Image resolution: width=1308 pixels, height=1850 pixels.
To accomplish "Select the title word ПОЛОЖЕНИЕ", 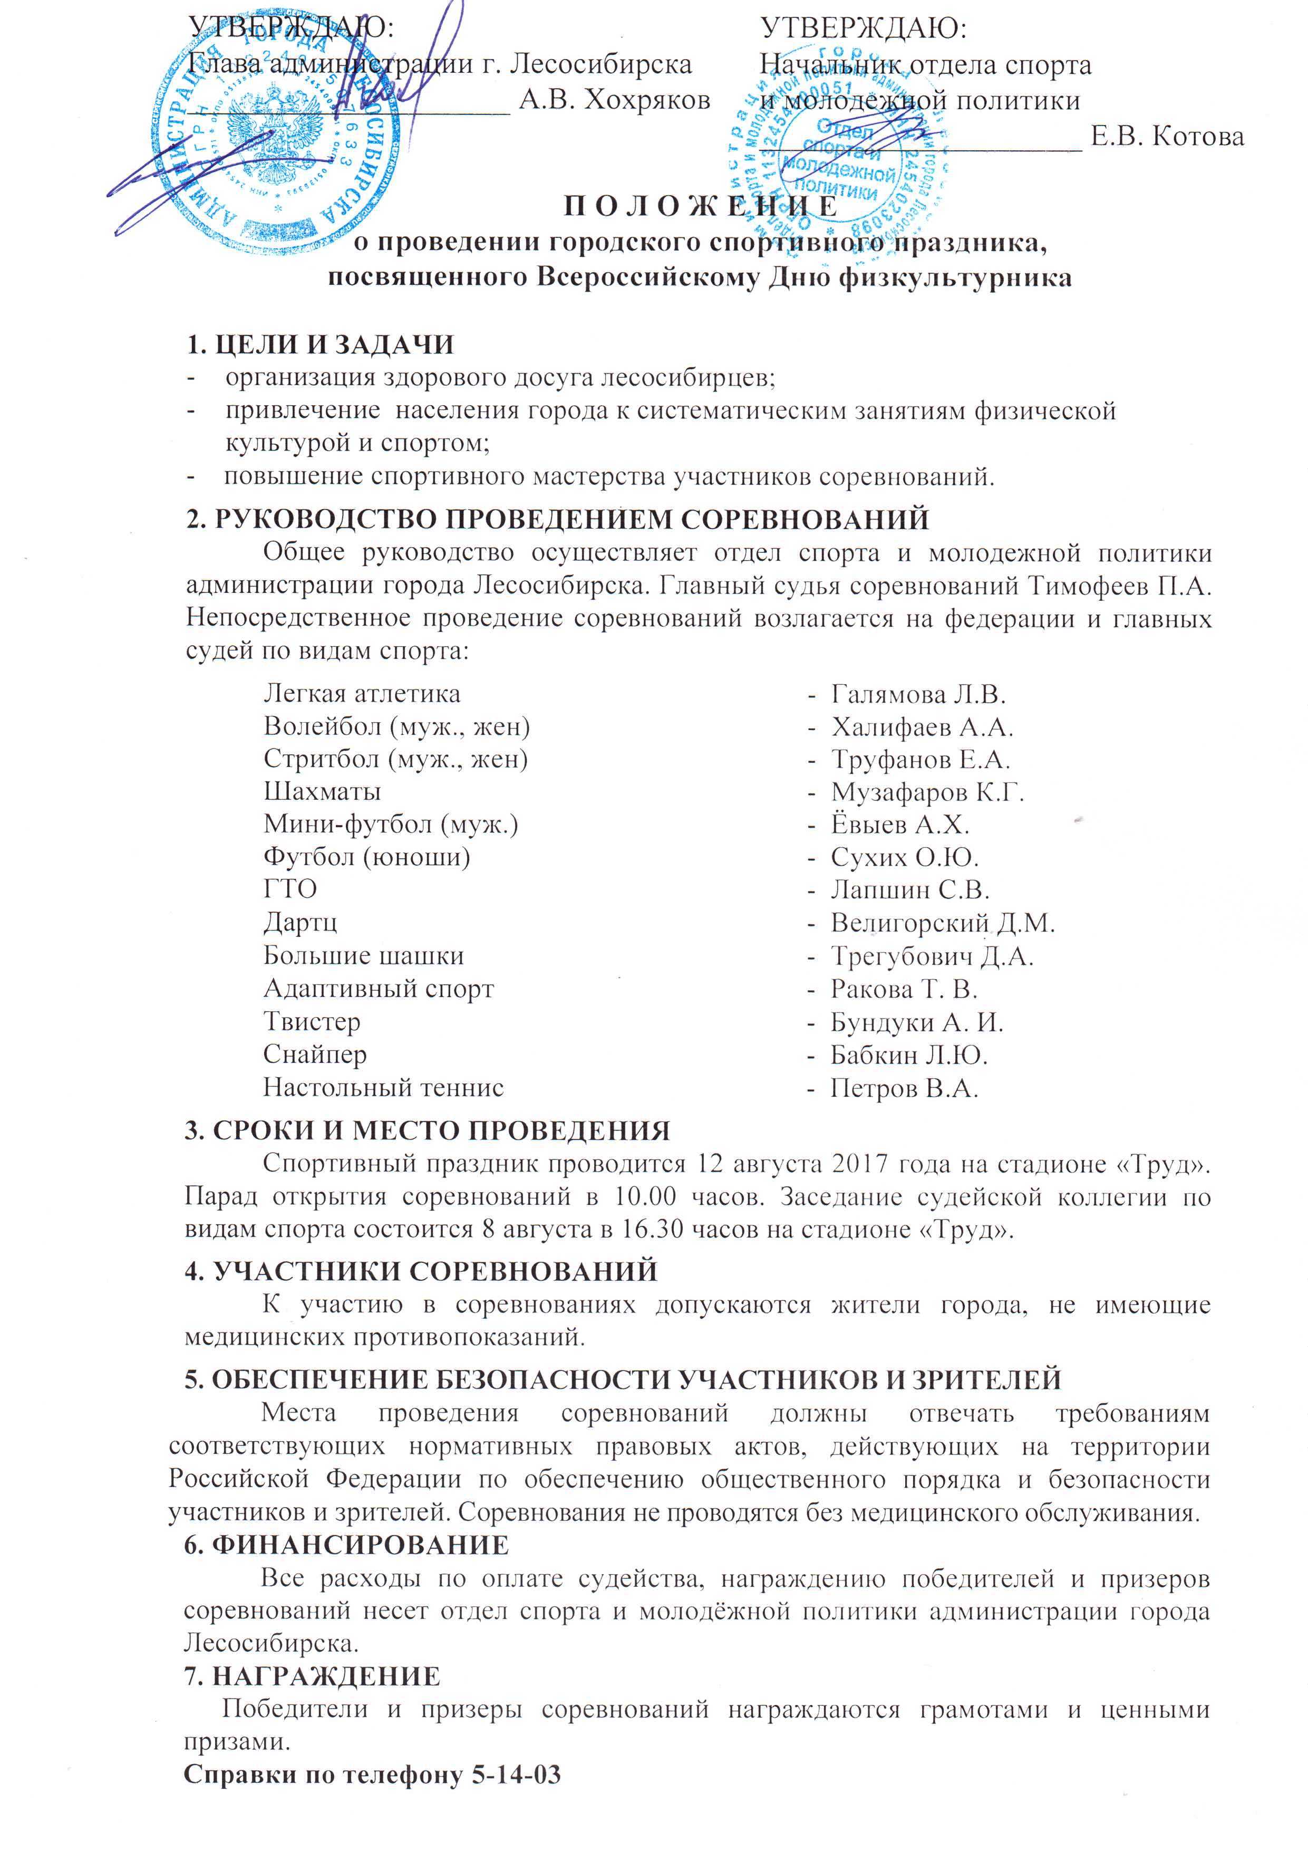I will [700, 207].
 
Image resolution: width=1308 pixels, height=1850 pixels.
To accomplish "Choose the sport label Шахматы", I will [322, 791].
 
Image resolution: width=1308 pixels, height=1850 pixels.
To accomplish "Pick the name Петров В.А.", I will [905, 1089].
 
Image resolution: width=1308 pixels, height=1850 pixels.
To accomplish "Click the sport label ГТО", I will [290, 889].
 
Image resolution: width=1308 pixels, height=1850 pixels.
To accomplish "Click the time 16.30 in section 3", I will [651, 1230].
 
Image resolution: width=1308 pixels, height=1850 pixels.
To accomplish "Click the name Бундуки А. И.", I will [917, 1022].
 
